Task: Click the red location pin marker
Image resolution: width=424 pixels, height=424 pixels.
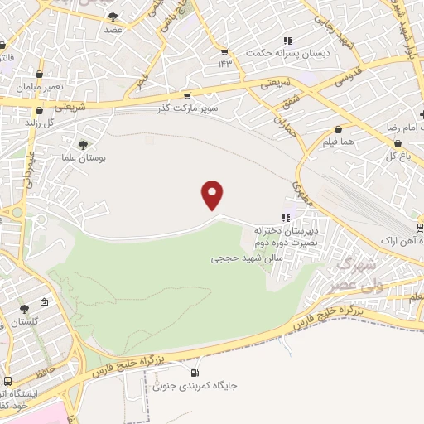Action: (213, 195)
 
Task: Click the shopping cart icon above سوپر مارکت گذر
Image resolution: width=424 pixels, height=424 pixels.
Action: (187, 96)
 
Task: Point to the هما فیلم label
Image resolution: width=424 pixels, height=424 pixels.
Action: (340, 142)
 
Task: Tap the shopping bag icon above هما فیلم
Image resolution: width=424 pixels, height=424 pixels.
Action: (340, 130)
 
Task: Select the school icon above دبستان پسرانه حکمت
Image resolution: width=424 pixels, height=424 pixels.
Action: (287, 41)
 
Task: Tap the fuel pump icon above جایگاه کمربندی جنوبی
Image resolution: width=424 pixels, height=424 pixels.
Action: (196, 372)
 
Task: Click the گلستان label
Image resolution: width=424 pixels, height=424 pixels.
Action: (23, 320)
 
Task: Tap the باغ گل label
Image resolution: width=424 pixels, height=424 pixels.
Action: (398, 156)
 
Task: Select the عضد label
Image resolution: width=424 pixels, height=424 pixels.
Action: (113, 28)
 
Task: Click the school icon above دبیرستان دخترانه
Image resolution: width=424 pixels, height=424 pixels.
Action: (287, 218)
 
